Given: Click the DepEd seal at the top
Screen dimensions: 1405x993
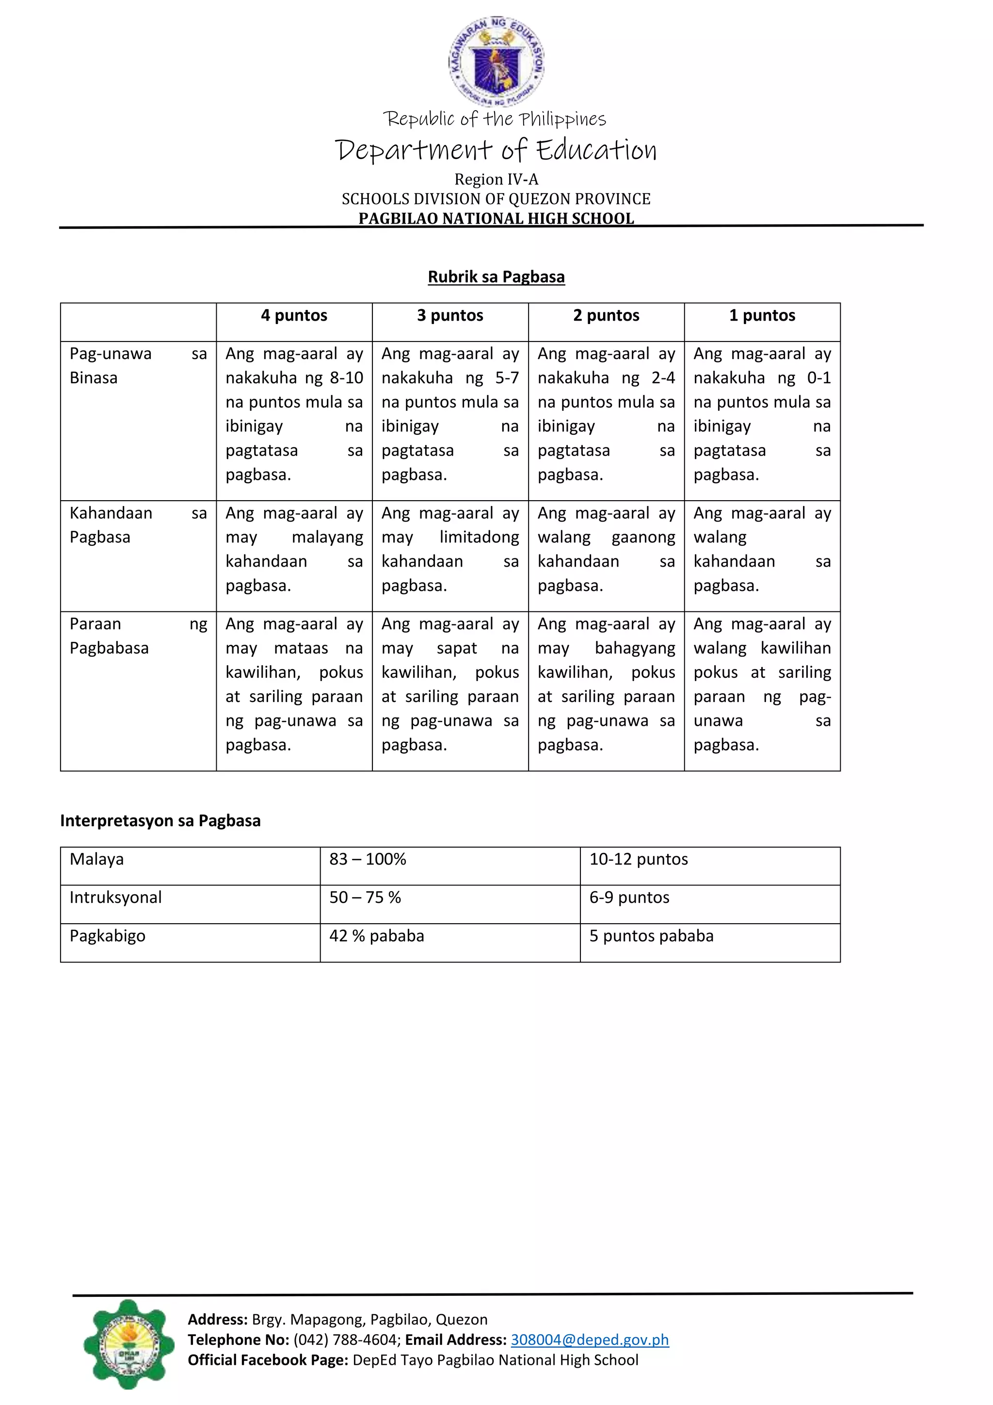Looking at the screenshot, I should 496,61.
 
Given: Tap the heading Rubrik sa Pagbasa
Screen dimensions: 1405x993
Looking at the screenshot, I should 496,277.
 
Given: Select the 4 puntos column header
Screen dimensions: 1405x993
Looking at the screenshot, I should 294,315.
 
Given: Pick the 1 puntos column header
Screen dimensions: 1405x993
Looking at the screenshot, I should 762,315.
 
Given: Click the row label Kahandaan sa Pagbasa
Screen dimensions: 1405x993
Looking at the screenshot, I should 110,525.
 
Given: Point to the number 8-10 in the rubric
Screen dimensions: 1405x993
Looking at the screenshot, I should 346,377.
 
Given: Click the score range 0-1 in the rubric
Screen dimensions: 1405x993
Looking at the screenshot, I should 819,377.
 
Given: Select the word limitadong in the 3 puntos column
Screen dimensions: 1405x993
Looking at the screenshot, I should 479,537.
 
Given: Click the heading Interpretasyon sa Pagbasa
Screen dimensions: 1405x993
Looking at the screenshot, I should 160,820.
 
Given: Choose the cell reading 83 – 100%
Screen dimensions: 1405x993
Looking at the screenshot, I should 368,859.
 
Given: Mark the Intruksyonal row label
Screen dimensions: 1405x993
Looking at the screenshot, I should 115,898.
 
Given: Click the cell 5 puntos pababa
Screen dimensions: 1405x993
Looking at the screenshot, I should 651,936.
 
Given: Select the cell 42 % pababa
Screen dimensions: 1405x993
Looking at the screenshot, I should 377,936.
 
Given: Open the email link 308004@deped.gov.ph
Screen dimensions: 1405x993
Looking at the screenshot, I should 590,1340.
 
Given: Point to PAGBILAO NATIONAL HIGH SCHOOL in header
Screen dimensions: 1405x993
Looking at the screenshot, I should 496,218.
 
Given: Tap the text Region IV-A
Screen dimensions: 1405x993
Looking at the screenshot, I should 496,180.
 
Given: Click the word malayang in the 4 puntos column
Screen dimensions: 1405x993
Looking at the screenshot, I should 327,537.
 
